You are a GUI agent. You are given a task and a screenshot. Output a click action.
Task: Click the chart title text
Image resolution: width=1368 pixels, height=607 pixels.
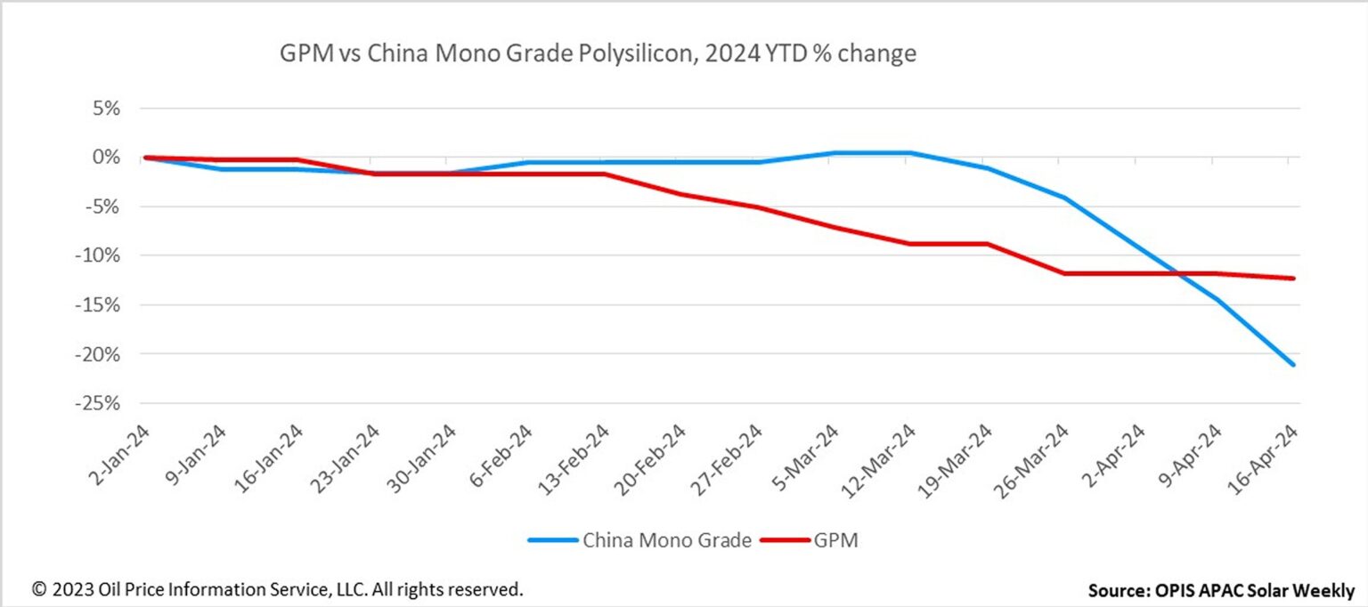(x=598, y=54)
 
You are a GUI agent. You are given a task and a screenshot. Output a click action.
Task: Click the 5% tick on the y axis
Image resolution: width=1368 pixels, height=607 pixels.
(x=124, y=109)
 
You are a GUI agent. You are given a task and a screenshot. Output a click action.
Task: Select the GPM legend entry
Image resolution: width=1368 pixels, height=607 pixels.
(x=835, y=540)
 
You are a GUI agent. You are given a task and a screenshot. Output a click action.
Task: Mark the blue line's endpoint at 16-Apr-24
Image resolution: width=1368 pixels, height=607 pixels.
(x=1293, y=365)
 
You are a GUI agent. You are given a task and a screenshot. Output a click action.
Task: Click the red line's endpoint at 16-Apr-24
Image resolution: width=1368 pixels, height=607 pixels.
(x=1293, y=278)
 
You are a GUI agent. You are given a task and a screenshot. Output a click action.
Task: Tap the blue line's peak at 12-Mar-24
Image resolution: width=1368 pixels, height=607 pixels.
(x=908, y=152)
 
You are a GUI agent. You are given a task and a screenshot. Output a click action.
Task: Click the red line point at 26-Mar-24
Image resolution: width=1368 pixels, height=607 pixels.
(x=1063, y=273)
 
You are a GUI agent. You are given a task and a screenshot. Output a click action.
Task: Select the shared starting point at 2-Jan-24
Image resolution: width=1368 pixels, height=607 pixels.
(x=145, y=158)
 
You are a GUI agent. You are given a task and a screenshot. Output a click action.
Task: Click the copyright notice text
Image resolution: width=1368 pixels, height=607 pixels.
(x=277, y=589)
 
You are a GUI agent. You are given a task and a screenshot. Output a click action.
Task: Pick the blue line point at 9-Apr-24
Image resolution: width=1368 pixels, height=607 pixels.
(x=1217, y=299)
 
